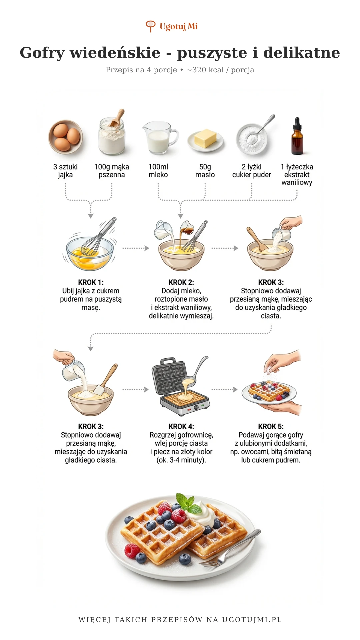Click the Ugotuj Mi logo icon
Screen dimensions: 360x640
[x=151, y=26]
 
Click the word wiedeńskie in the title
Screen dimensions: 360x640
[x=115, y=53]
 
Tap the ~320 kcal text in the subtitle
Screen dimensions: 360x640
[x=205, y=70]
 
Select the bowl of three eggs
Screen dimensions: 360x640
[x=65, y=137]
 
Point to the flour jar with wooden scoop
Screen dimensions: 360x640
[x=112, y=133]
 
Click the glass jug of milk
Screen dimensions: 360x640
[x=160, y=137]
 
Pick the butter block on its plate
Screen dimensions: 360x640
[x=205, y=139]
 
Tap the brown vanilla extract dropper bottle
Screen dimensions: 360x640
[x=297, y=136]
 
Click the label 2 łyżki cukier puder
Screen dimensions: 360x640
[x=252, y=171]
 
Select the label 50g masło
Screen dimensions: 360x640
[x=205, y=171]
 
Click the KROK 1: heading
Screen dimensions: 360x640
[x=91, y=282]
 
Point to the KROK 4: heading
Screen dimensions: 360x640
[x=181, y=427]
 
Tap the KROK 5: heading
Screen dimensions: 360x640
[x=271, y=427]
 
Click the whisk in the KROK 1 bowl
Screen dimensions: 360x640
[x=99, y=237]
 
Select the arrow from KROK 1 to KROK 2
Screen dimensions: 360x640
[x=136, y=248]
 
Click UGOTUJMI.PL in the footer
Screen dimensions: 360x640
[x=252, y=620]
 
